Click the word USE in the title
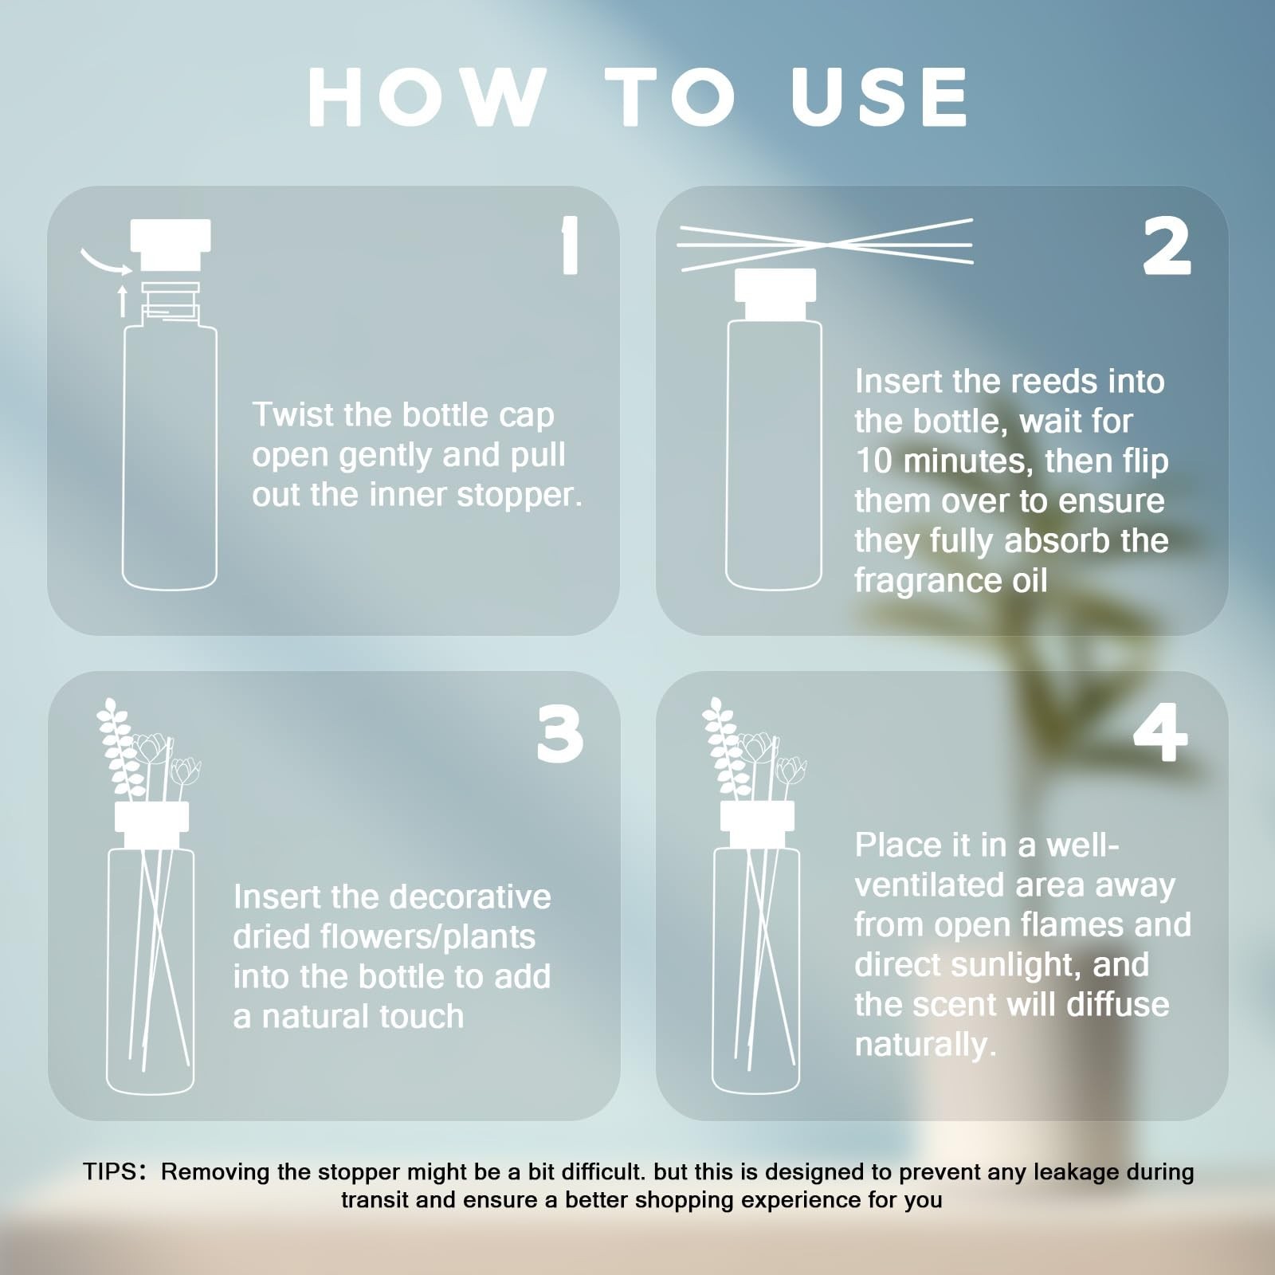pos(880,96)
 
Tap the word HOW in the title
pos(428,96)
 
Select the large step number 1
pos(569,247)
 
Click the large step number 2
pos(1167,247)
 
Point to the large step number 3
pos(559,734)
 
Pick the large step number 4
pos(1160,734)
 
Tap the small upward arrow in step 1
pos(122,301)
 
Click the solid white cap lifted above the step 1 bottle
pos(171,245)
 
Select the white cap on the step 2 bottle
pos(775,294)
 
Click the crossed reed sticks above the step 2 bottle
pos(825,242)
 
